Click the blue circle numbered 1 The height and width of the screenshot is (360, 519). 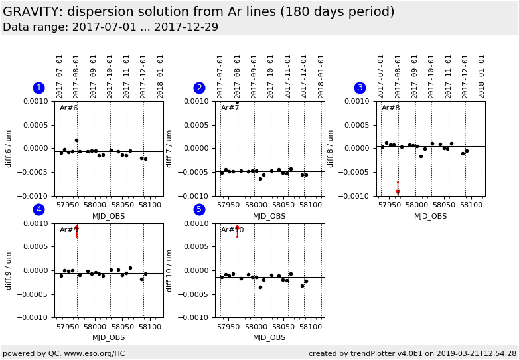click(x=38, y=88)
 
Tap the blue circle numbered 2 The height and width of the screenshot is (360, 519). click(x=199, y=88)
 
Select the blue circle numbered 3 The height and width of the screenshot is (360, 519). click(x=360, y=88)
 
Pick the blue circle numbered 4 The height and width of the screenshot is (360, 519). click(x=38, y=210)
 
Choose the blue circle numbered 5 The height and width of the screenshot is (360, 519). click(x=199, y=210)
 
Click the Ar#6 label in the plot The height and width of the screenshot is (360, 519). click(x=69, y=108)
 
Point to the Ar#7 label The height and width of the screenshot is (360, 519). click(x=230, y=108)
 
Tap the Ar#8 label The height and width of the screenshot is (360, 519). click(x=390, y=108)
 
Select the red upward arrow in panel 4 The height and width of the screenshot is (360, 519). click(x=76, y=228)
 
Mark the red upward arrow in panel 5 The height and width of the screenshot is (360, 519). click(x=237, y=228)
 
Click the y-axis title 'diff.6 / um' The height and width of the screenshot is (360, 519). click(x=9, y=148)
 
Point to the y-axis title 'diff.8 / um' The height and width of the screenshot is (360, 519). click(x=331, y=148)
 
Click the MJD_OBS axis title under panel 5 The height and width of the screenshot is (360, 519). click(x=269, y=338)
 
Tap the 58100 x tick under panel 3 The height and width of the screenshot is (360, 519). click(x=471, y=205)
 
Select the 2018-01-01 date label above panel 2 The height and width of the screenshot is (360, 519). click(x=321, y=76)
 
